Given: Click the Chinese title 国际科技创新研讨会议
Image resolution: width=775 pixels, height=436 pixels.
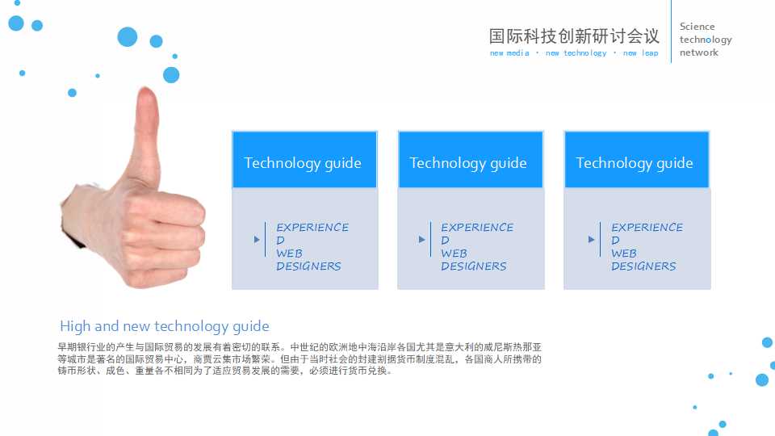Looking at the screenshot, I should point(574,36).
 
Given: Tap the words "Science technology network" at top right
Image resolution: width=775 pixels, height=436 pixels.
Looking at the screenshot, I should point(705,40).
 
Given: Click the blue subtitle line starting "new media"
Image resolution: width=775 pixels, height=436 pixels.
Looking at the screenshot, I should point(574,53).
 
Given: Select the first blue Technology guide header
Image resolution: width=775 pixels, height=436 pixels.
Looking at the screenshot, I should point(304,161).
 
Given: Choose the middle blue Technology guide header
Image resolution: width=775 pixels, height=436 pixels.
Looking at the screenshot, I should point(469,161).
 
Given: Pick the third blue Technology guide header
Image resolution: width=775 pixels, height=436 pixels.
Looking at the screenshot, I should point(635,161).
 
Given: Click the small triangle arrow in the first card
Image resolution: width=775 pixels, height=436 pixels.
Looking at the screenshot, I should point(257,240).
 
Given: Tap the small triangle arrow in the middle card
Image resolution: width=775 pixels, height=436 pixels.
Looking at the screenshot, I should point(421,240).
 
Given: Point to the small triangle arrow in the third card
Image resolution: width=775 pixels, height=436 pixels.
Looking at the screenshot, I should point(591,240).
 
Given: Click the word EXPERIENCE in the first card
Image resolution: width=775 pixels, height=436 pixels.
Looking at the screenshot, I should point(312,228).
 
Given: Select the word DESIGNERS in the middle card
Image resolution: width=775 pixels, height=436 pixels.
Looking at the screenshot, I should point(474,266).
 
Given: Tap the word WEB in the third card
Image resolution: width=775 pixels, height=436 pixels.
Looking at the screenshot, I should point(624,254).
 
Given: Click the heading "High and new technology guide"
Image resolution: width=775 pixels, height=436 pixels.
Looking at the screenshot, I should point(165,326).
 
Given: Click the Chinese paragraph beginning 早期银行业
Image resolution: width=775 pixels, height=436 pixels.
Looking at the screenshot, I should point(299,358).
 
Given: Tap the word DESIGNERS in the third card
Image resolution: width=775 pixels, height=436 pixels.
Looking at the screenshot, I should point(643,266).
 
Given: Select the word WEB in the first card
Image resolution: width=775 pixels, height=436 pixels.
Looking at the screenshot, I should point(289,254).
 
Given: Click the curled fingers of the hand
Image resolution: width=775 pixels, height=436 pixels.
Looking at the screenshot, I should point(174,238).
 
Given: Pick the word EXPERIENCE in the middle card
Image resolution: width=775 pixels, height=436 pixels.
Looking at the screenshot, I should point(477,228).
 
